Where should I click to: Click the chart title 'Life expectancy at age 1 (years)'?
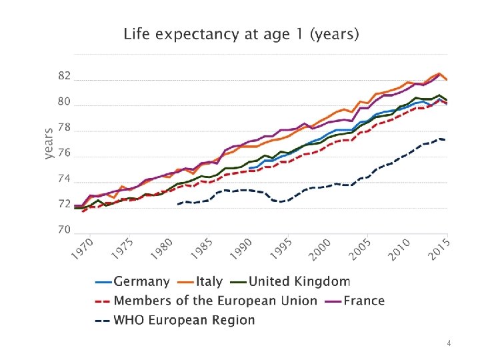(x=241, y=34)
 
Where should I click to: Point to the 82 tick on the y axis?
(x=63, y=77)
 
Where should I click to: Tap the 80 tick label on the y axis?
(x=63, y=102)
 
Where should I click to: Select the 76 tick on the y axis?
(x=63, y=153)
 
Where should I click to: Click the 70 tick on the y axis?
(x=63, y=230)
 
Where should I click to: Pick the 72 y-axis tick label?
(x=63, y=204)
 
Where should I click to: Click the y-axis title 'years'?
(x=49, y=144)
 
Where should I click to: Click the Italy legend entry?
(x=203, y=283)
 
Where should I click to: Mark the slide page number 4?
(x=449, y=343)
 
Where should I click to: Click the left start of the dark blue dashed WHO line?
(x=179, y=204)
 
